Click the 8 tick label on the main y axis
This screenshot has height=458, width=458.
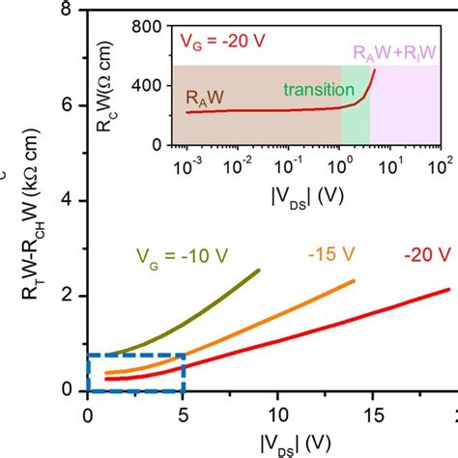[66, 12]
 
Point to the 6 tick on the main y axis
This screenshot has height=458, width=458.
[66, 105]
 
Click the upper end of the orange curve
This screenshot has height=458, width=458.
[355, 281]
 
